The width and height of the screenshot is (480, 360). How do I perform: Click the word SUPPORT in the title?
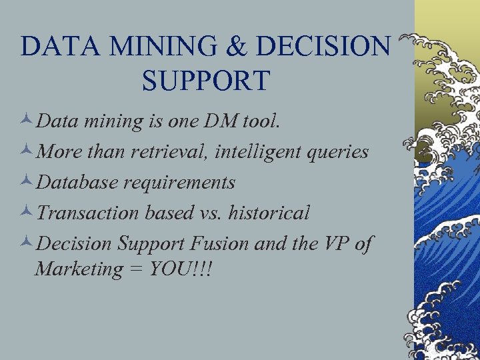pyautogui.click(x=205, y=80)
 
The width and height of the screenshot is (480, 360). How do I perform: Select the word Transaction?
pyautogui.click(x=87, y=213)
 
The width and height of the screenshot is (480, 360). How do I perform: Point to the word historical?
pyautogui.click(x=269, y=213)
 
